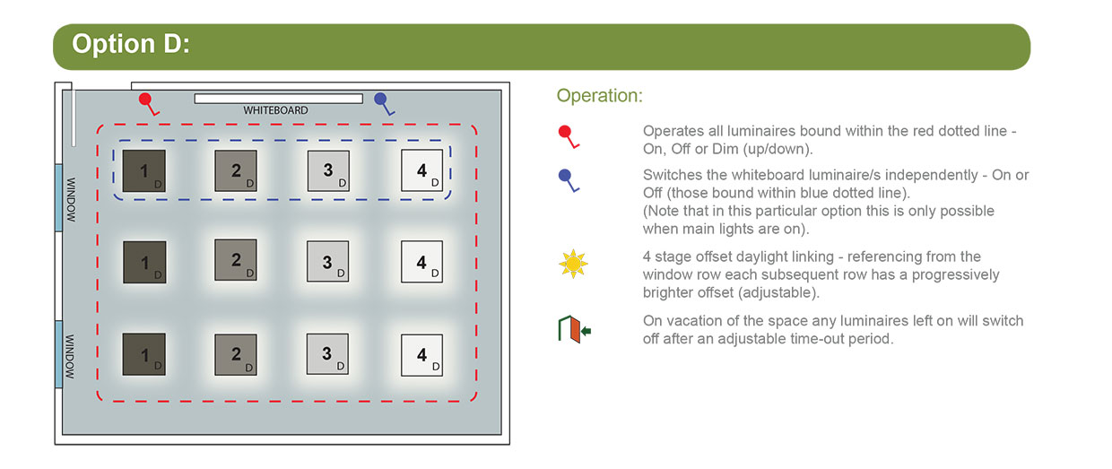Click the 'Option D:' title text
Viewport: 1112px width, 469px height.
(x=131, y=44)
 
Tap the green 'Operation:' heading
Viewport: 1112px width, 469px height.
(x=599, y=96)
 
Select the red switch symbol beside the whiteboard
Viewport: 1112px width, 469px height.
(x=149, y=104)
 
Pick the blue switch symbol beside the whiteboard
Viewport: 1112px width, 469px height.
(x=384, y=104)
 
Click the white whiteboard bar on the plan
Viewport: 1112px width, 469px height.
(x=279, y=99)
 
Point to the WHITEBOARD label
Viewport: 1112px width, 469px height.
(x=275, y=110)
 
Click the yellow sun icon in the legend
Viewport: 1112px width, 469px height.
(x=573, y=264)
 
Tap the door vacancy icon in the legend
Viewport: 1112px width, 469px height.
(x=574, y=329)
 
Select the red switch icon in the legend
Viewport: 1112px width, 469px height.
(x=569, y=137)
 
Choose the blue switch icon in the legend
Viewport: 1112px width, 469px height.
(x=569, y=180)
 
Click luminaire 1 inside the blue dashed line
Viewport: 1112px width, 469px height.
(x=144, y=170)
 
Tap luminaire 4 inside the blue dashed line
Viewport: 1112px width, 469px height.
(x=422, y=170)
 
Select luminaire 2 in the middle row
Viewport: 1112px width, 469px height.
(x=236, y=260)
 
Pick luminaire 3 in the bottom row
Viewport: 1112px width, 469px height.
(x=327, y=354)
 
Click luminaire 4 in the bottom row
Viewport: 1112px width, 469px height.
(x=422, y=355)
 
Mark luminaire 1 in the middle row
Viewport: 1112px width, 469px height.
(x=144, y=262)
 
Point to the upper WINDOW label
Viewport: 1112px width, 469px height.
(x=71, y=199)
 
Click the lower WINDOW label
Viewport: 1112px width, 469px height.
(x=70, y=356)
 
